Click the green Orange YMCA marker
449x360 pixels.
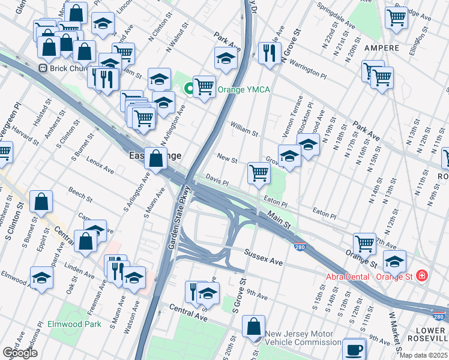pyautogui.click(x=190, y=89)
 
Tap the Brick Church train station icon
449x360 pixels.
pyautogui.click(x=43, y=68)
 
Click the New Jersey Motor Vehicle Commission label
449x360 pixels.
pyautogui.click(x=303, y=338)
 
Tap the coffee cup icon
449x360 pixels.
pyautogui.click(x=354, y=349)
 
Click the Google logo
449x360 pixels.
pyautogui.click(x=20, y=353)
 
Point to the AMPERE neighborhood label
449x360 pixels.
pyautogui.click(x=379, y=47)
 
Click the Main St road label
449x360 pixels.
pyautogui.click(x=279, y=220)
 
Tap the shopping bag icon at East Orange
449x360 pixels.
pyautogui.click(x=156, y=160)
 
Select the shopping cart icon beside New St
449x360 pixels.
pyautogui.click(x=259, y=173)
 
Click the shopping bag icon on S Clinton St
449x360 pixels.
pyautogui.click(x=41, y=202)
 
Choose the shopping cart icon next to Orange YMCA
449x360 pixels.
pyautogui.click(x=205, y=87)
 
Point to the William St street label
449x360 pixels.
pyautogui.click(x=244, y=128)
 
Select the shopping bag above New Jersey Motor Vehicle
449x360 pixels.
pyautogui.click(x=254, y=326)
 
